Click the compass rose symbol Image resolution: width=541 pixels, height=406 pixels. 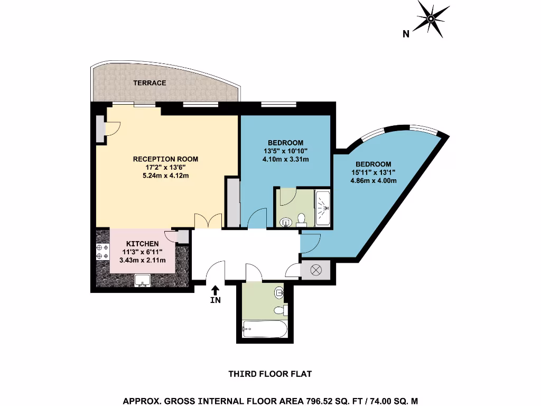click(x=431, y=20)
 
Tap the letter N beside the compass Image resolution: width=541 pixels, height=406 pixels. click(x=406, y=35)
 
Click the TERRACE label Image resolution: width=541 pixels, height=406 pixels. click(x=150, y=83)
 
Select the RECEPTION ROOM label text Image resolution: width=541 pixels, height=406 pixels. click(x=165, y=159)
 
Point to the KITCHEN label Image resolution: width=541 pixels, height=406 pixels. click(x=142, y=243)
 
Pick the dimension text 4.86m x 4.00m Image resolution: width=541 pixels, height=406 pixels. click(x=373, y=181)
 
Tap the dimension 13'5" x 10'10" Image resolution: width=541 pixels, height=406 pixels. click(x=285, y=151)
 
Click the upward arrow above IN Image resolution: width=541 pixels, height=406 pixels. click(x=216, y=290)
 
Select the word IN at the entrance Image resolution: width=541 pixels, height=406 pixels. click(x=216, y=300)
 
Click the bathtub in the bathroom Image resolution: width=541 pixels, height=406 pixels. click(x=264, y=330)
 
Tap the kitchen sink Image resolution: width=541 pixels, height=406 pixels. click(x=142, y=280)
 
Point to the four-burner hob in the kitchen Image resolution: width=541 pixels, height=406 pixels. click(x=102, y=252)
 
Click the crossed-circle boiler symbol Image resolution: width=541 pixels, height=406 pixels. click(x=316, y=270)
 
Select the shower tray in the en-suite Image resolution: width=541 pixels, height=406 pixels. click(x=323, y=208)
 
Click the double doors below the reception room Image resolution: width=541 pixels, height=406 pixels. click(x=207, y=221)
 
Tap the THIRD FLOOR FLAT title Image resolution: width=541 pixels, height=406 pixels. click(x=270, y=374)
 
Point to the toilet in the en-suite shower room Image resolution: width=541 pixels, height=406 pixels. click(x=301, y=219)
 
